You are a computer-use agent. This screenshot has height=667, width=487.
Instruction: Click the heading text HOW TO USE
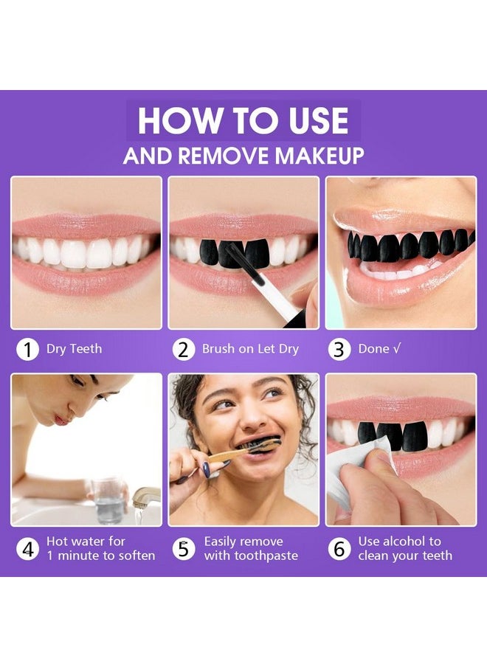tap(243, 122)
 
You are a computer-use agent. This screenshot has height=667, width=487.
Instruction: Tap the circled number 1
tap(27, 349)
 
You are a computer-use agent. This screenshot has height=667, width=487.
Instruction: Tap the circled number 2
tap(184, 349)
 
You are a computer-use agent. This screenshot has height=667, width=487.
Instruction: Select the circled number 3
tap(339, 349)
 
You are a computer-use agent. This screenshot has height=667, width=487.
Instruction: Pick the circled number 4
tap(27, 549)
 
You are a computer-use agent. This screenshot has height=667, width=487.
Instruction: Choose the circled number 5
tap(184, 549)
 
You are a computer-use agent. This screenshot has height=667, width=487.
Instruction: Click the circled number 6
tap(339, 549)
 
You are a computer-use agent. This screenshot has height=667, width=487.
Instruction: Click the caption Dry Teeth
tap(74, 349)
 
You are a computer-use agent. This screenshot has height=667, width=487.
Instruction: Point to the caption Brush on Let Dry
tap(250, 349)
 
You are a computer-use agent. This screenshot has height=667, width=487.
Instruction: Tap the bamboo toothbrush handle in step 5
tap(221, 454)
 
